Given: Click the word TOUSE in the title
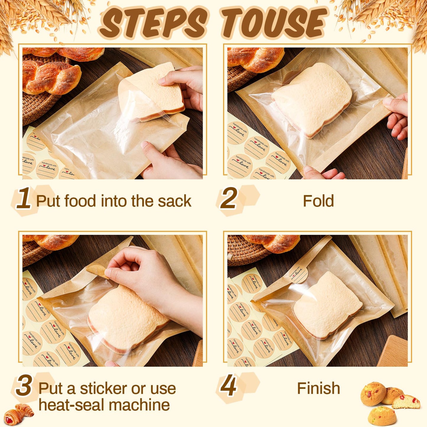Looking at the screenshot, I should (274, 23).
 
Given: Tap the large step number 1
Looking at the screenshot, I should (24, 198).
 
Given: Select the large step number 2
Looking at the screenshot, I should (229, 198).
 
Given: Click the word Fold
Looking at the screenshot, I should (318, 201).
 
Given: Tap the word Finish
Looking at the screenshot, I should (318, 388).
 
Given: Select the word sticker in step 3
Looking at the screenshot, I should (104, 389).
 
